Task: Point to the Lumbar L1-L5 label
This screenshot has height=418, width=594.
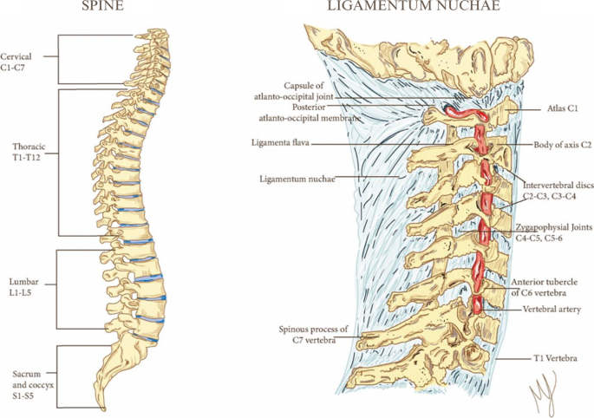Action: click(x=22, y=290)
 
